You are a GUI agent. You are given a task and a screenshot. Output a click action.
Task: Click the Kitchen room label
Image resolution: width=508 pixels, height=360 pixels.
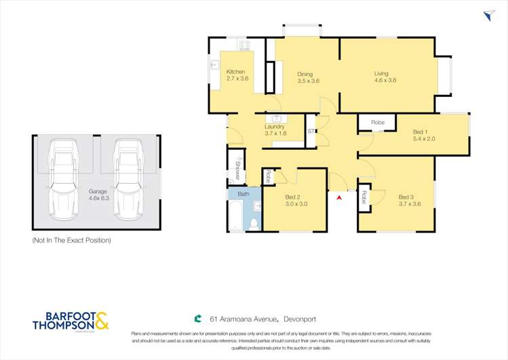pos(235,72)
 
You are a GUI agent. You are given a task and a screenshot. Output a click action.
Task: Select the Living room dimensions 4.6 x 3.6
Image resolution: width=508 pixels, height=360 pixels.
pos(385,81)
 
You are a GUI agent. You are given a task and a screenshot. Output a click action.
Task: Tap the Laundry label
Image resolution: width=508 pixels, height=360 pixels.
pos(274,126)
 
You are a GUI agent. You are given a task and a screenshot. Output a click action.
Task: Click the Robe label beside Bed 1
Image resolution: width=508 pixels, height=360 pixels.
pos(378,122)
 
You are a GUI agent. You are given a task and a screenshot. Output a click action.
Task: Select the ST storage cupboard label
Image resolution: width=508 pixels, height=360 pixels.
pos(311,131)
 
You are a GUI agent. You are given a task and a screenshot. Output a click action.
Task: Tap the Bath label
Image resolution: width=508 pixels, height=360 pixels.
pos(243,194)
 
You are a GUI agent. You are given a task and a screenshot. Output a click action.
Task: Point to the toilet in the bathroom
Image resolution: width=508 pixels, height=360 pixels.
pos(254,222)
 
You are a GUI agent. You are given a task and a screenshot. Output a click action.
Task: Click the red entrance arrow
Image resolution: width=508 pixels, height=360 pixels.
pos(338,197)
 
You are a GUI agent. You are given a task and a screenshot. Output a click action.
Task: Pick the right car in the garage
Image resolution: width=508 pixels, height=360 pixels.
pos(127,180)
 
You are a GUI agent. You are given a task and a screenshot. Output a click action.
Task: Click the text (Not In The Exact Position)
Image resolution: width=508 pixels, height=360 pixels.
pos(72,241)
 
